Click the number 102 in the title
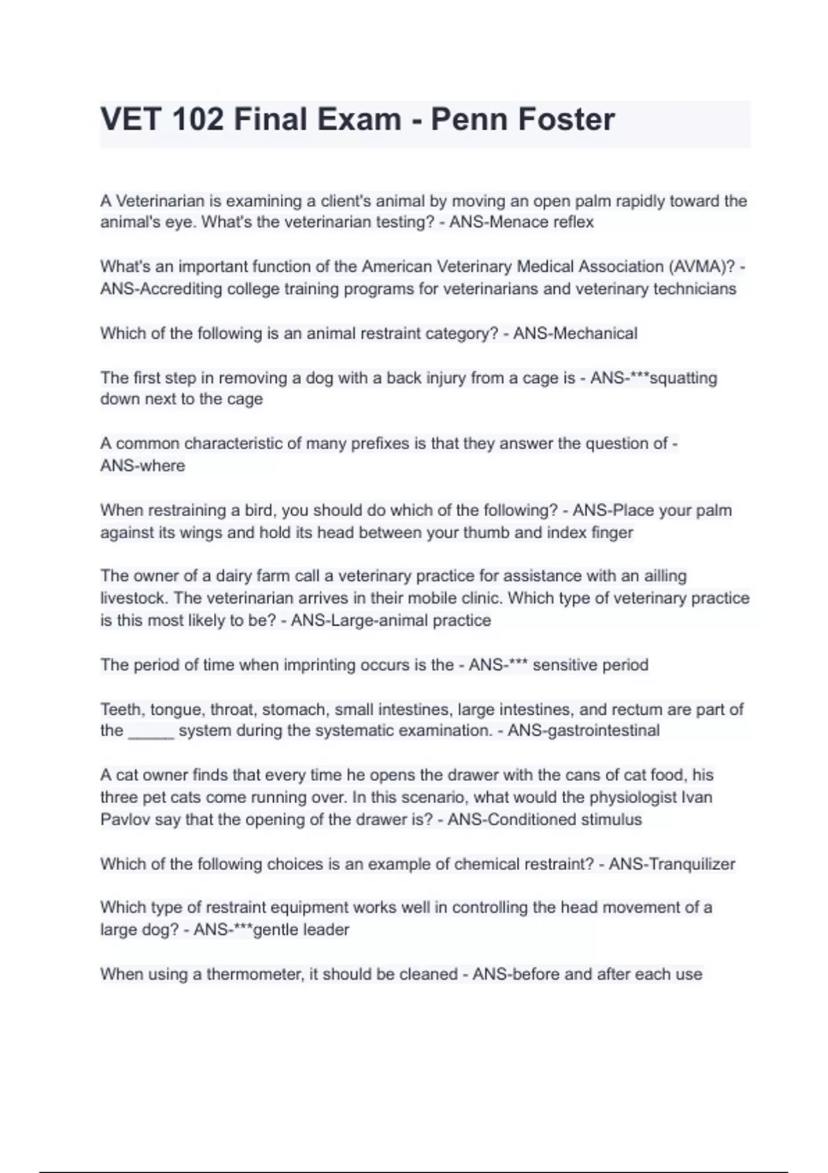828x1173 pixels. click(x=198, y=119)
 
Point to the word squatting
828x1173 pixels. click(x=684, y=378)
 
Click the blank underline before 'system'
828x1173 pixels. click(x=151, y=732)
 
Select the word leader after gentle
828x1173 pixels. click(x=326, y=930)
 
